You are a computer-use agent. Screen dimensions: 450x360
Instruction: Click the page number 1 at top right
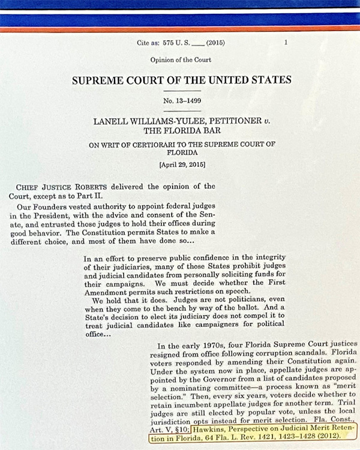pos(286,43)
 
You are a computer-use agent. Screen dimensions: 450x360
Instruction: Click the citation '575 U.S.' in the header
pos(175,43)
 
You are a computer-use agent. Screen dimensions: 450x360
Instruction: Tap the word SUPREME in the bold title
pos(100,80)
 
